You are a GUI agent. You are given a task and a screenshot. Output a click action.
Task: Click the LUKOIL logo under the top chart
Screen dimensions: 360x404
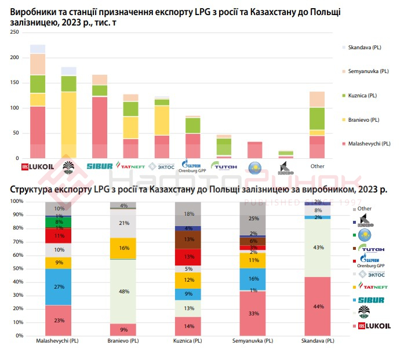coord(38,167)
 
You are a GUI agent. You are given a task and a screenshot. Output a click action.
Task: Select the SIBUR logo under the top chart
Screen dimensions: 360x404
coord(99,167)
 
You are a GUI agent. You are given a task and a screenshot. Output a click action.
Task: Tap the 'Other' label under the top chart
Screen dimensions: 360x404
coord(317,166)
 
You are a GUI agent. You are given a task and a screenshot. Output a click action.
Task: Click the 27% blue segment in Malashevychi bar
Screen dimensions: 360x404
coord(59,287)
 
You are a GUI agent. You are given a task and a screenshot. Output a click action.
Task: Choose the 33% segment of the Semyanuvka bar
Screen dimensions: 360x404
coord(253,313)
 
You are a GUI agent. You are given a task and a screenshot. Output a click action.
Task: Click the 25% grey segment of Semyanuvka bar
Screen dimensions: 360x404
coord(253,219)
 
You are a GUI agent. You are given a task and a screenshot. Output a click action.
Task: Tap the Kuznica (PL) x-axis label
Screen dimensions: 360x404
coord(188,341)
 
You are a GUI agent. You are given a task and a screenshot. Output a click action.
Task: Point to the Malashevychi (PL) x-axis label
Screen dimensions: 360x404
coord(59,341)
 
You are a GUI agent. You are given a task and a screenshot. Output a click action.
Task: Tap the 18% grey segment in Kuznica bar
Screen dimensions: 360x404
coord(188,214)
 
